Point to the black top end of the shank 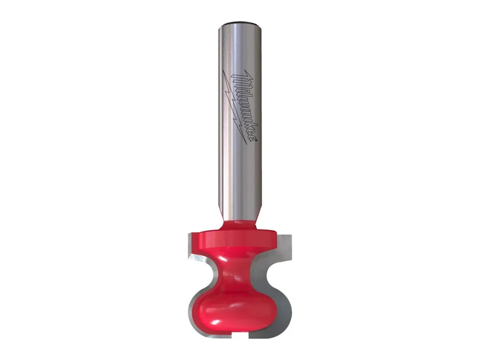(240, 23)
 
